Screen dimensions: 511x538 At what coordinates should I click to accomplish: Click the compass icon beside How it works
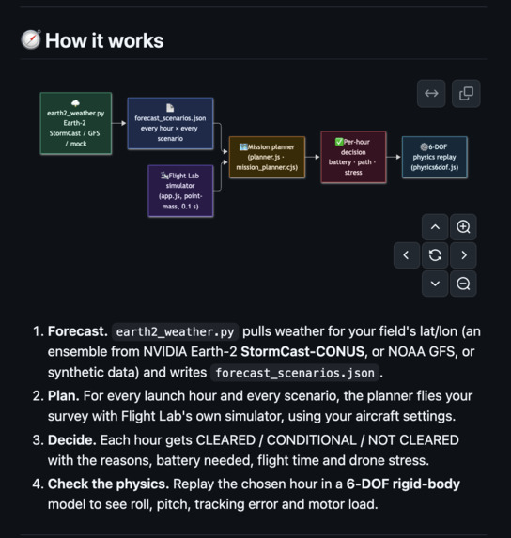(31, 39)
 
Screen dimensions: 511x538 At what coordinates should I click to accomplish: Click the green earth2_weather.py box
(76, 123)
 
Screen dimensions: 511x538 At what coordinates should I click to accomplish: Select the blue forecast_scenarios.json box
(170, 124)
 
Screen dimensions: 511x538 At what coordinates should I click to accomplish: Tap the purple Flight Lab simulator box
(180, 191)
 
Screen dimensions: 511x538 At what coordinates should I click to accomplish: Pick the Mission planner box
(267, 157)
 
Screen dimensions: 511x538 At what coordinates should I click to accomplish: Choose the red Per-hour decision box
(353, 157)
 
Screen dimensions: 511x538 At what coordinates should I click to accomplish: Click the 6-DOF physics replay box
(435, 157)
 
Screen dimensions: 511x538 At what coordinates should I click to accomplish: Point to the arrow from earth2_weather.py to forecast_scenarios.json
(119, 123)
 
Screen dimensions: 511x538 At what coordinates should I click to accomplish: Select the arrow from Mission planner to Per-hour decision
(313, 157)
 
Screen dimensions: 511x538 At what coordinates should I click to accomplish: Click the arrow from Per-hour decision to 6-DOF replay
(394, 157)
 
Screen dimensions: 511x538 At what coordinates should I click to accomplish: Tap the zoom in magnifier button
(463, 227)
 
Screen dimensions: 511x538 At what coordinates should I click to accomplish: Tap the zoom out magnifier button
(463, 284)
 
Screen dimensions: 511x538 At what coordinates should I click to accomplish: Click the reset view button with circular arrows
(435, 255)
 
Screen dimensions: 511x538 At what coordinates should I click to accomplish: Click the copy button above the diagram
(466, 93)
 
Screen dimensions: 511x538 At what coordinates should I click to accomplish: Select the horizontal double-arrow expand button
(431, 93)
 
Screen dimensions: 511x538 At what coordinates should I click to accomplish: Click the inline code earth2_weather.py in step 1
(175, 331)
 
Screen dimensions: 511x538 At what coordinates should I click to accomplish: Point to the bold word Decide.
(72, 439)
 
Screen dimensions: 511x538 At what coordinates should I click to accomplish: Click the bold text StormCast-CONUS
(302, 352)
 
